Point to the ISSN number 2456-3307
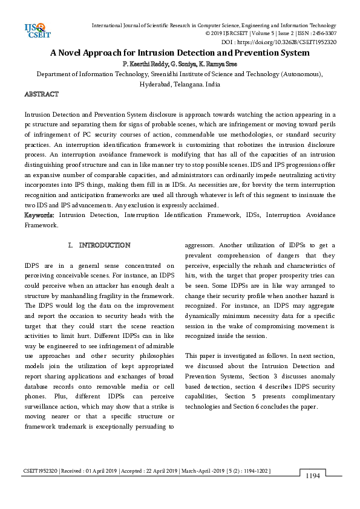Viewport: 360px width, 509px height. tap(323, 34)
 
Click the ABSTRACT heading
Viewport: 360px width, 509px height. tap(41, 95)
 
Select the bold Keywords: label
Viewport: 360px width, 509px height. tap(41, 215)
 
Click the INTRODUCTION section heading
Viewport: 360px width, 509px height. tap(105, 245)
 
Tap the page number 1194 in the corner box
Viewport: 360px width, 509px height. tap(312, 476)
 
